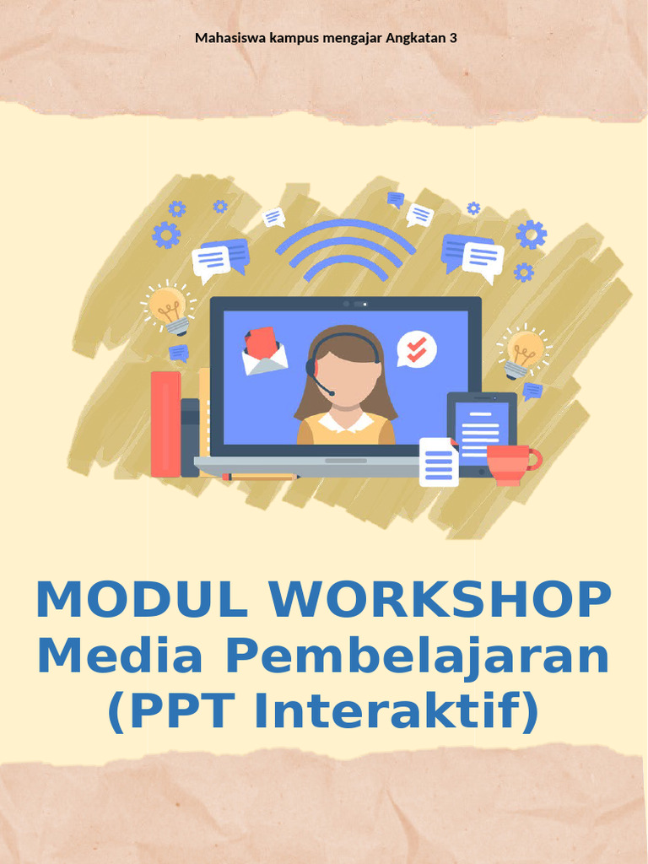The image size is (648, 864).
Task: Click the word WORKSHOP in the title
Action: (440, 600)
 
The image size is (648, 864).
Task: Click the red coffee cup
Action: (510, 463)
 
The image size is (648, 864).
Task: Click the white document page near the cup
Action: (439, 462)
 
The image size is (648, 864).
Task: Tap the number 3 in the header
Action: (454, 38)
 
